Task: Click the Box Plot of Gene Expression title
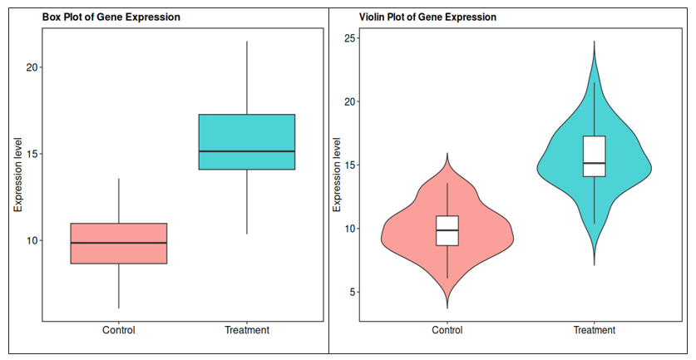pos(111,17)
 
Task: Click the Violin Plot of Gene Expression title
pos(427,17)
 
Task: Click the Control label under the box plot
pos(119,330)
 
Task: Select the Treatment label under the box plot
pos(247,330)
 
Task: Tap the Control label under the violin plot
pos(447,330)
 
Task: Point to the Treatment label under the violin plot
pos(595,330)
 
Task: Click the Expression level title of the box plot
pos(17,174)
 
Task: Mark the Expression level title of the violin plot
pos(337,174)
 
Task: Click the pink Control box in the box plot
pos(119,253)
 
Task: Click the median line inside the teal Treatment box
pos(247,151)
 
